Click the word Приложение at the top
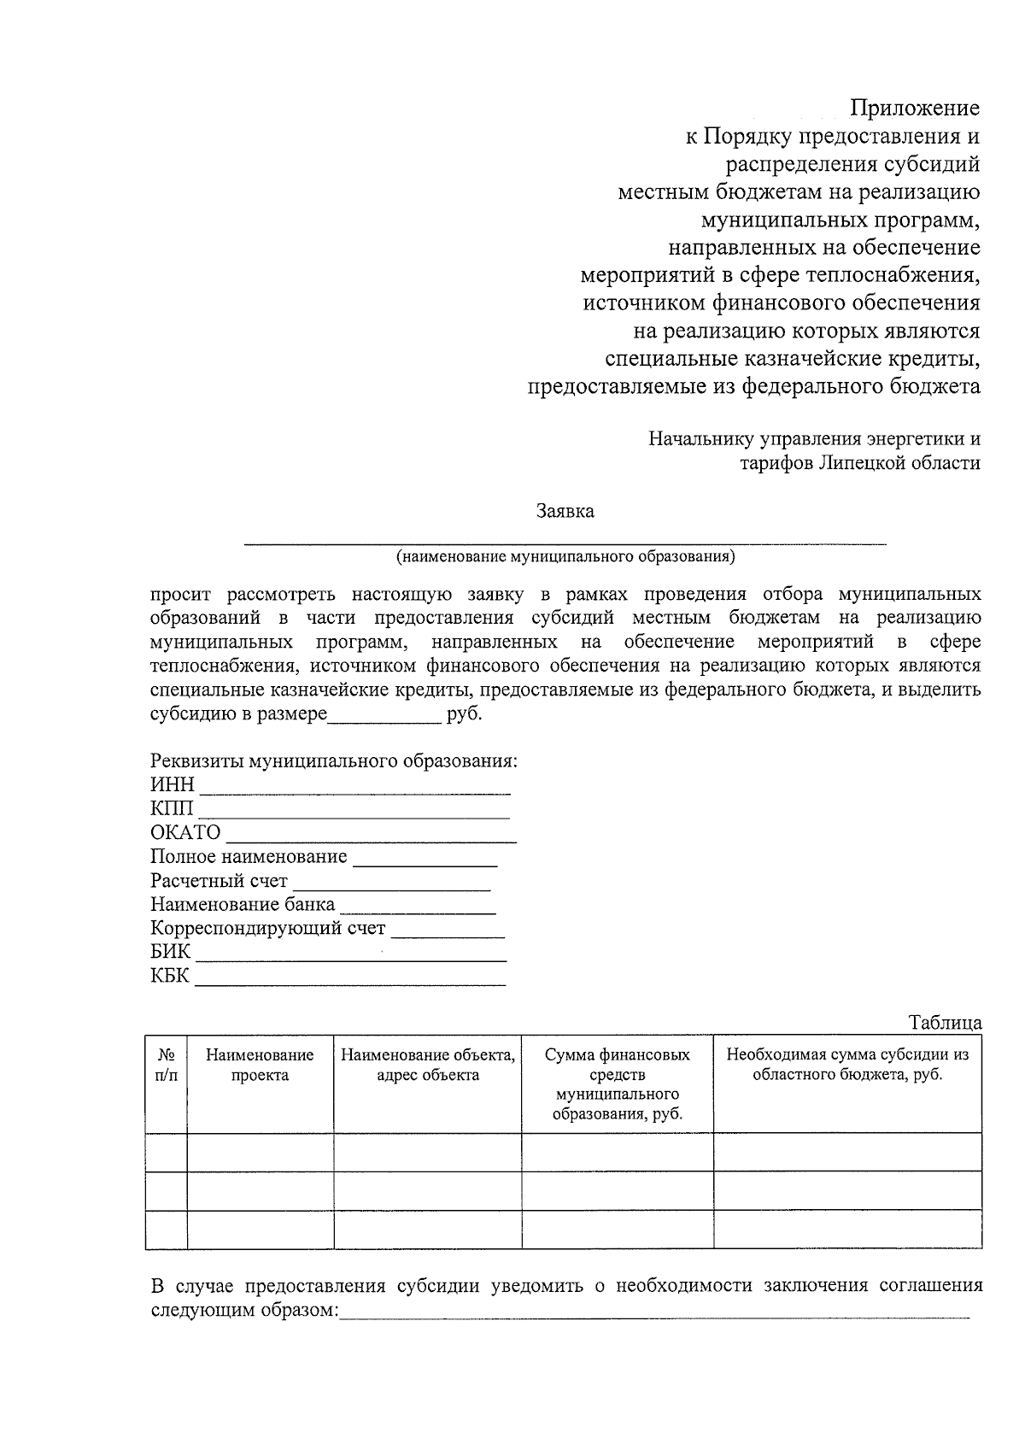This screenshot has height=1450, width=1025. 915,109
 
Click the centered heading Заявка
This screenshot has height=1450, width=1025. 565,512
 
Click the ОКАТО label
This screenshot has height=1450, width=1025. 185,832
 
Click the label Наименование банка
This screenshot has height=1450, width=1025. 243,904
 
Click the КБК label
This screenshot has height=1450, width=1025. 170,976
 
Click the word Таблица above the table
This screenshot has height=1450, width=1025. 945,1023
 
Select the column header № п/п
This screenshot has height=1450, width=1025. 167,1065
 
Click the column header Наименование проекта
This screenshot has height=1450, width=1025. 260,1065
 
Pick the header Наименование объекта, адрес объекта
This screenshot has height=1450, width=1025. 428,1065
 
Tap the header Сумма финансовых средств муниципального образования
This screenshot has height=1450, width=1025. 618,1084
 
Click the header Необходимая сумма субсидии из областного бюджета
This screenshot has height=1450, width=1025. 847,1065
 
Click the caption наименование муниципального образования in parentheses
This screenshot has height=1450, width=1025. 565,557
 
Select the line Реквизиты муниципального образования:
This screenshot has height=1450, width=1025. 334,760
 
